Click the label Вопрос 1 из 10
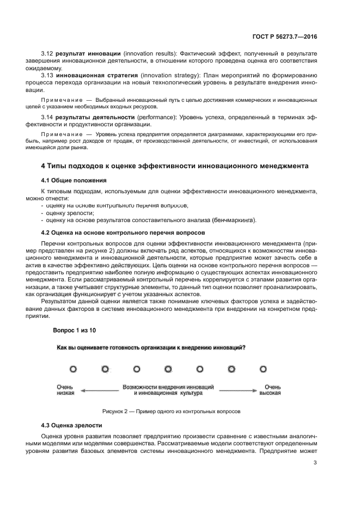(74, 330)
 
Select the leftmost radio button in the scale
(74, 369)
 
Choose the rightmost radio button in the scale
(263, 369)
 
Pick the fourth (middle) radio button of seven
(168, 369)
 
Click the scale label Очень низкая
(65, 389)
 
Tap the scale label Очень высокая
(270, 389)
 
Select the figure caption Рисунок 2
(171, 410)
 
